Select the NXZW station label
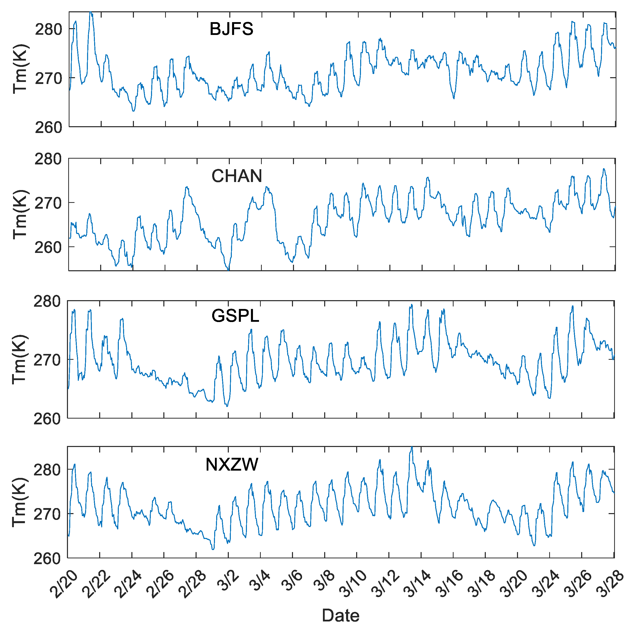[232, 464]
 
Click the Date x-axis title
[340, 616]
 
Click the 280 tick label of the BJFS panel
[48, 30]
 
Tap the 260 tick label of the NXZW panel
[47, 559]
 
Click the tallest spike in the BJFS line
[91, 13]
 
